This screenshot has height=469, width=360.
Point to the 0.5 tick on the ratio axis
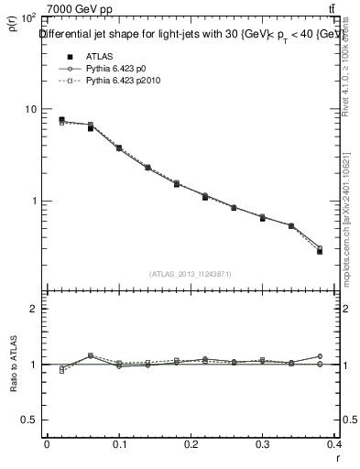[27, 420]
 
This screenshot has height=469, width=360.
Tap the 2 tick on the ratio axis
[31, 309]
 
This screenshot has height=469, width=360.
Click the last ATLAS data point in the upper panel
[321, 251]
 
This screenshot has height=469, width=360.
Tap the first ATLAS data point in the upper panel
[61, 119]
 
